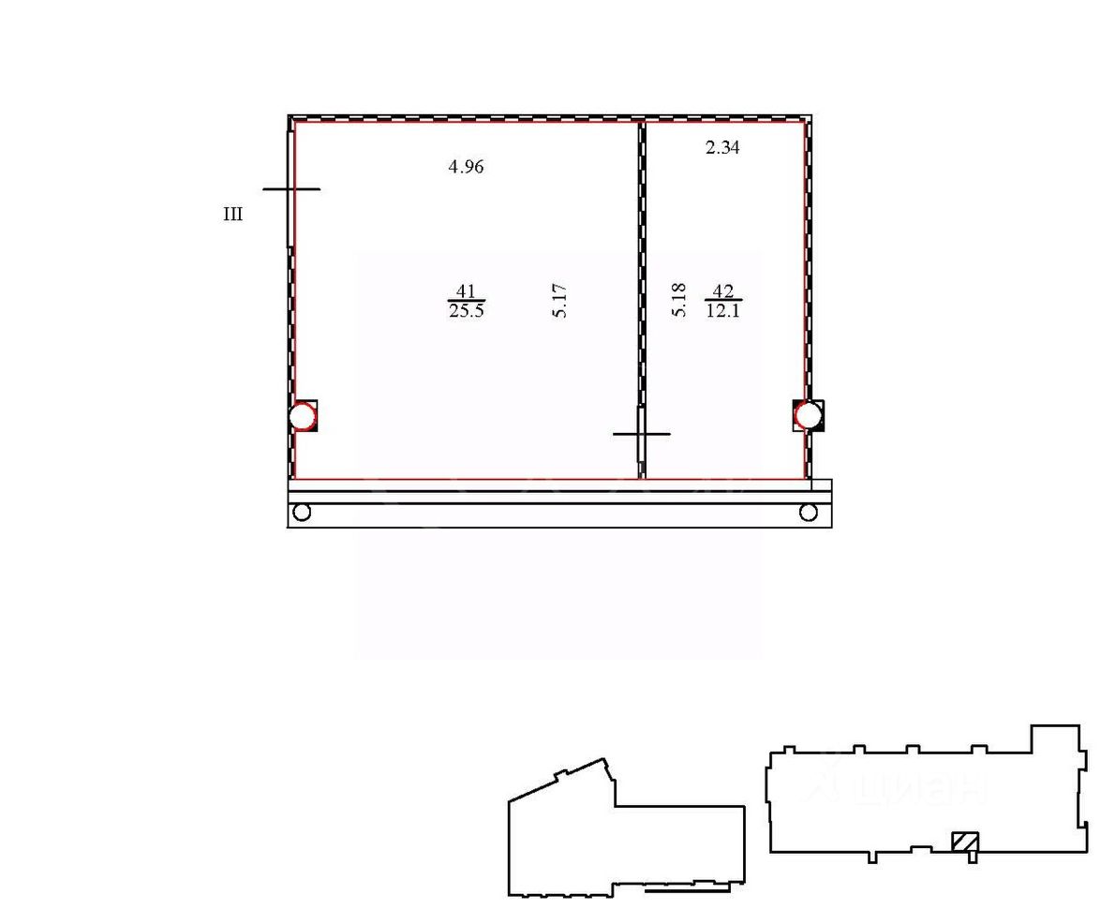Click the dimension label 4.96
[466, 167]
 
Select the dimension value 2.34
[721, 147]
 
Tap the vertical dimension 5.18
[678, 300]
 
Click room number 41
[466, 291]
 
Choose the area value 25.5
[467, 310]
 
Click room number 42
[723, 291]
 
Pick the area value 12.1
[723, 310]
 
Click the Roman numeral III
[233, 214]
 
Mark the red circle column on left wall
[303, 416]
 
